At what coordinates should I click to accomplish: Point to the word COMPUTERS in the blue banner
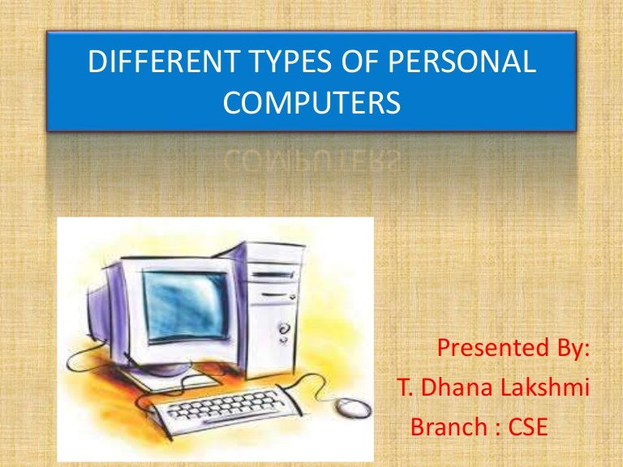point(311,105)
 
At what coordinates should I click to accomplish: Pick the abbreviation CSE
point(525,426)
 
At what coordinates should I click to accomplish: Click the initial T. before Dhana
point(402,388)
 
